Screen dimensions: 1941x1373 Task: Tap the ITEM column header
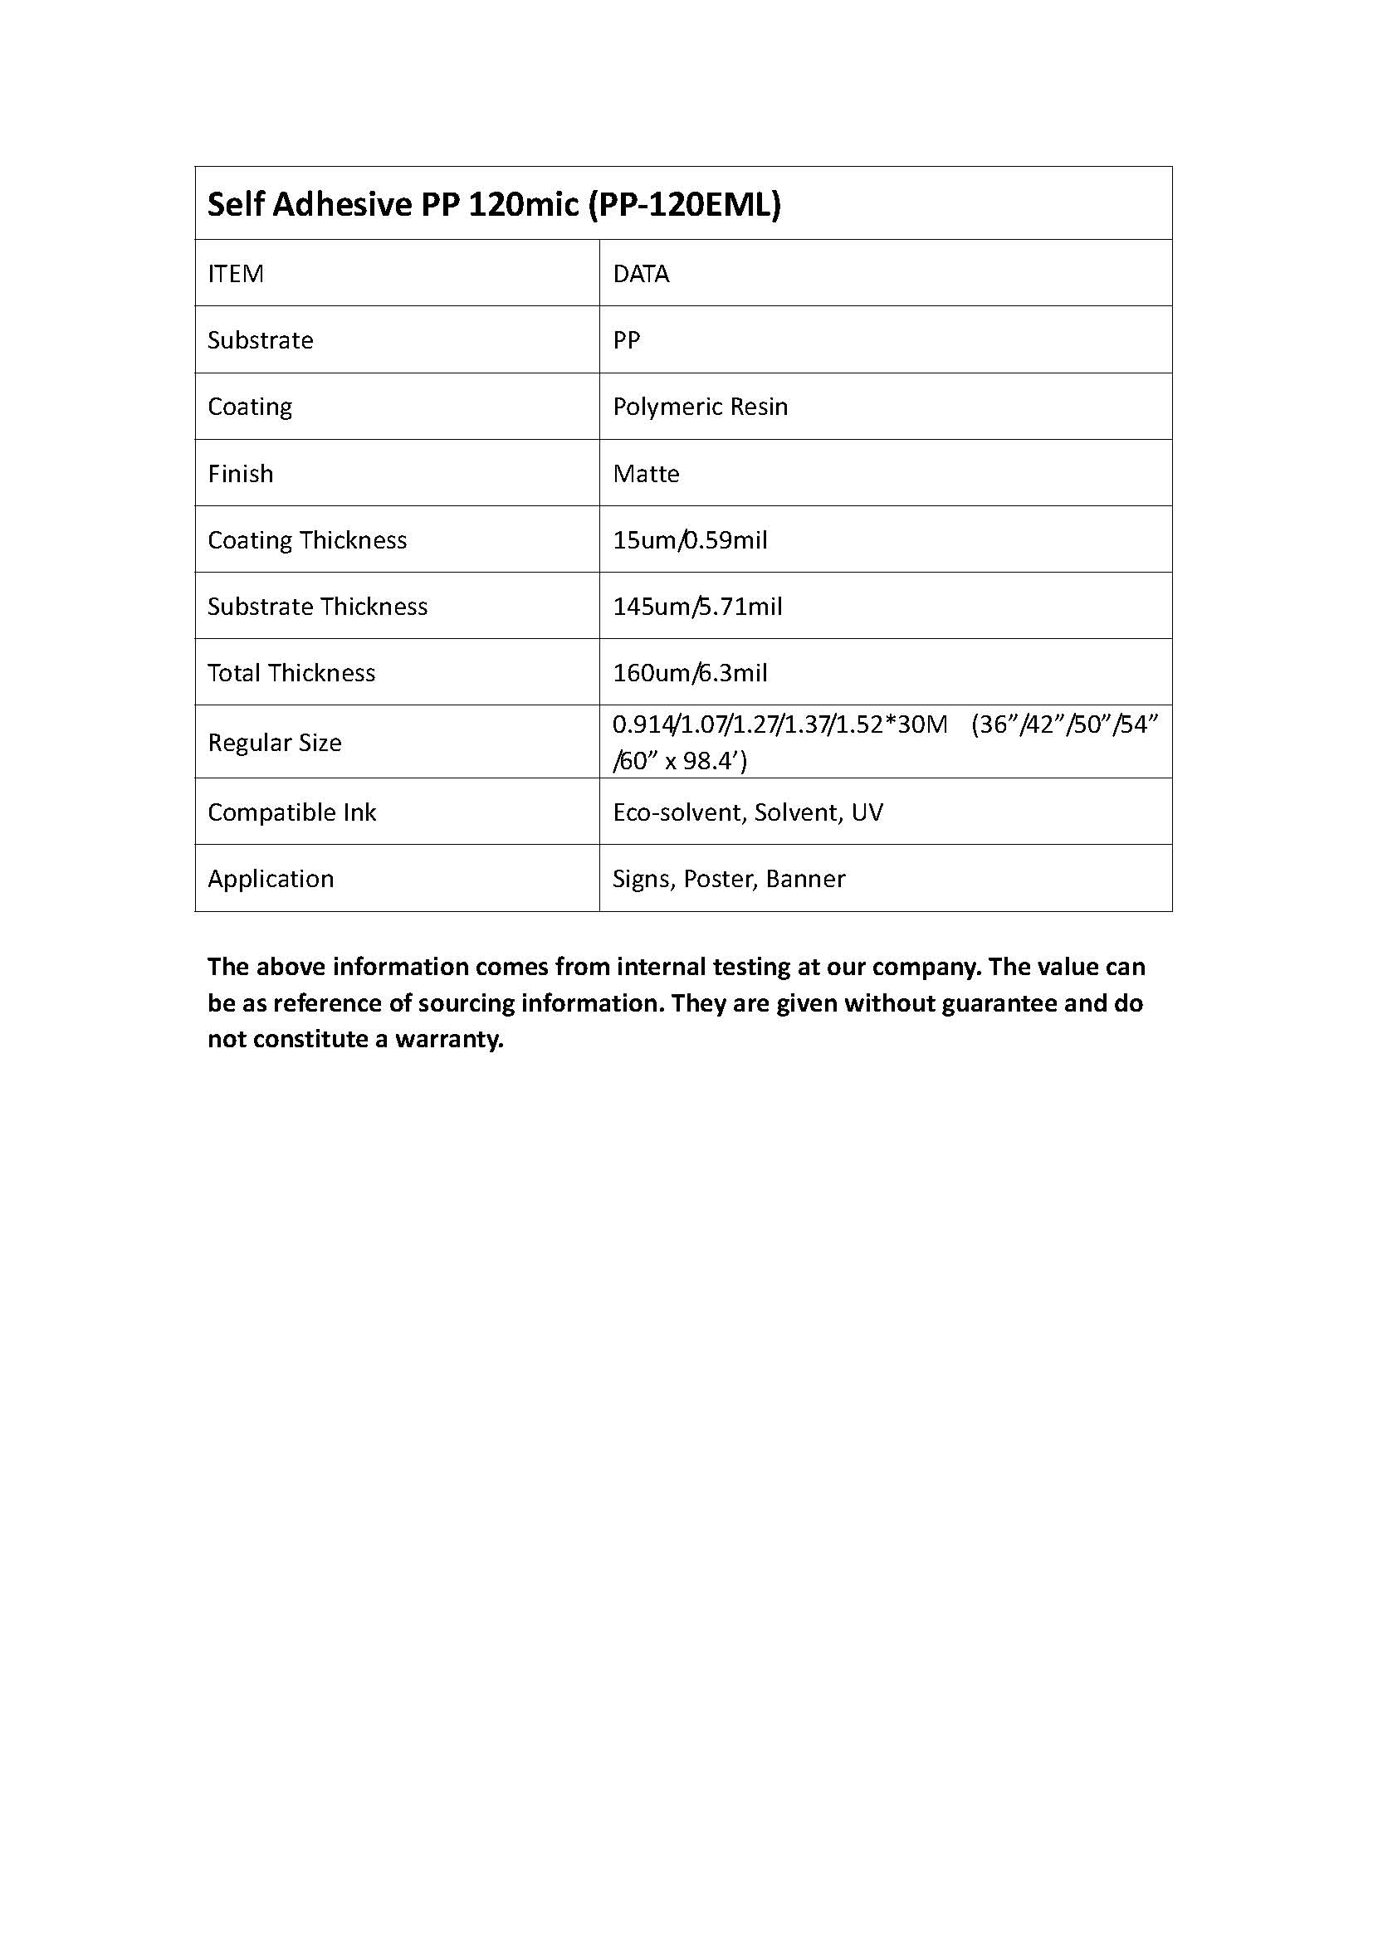coord(236,274)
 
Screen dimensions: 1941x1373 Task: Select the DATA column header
coord(641,274)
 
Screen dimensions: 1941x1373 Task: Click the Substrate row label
coord(261,340)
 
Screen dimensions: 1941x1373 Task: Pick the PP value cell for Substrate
coord(627,340)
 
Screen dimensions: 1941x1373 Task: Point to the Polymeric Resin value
coord(700,407)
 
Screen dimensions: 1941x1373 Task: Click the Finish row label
coord(241,473)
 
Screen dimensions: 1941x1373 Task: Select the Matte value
coord(646,473)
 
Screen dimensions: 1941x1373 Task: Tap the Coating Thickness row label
coord(307,540)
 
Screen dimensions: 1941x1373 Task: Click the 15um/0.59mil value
coord(690,540)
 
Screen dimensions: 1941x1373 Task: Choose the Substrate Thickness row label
coord(318,606)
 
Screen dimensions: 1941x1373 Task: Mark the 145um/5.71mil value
coord(697,606)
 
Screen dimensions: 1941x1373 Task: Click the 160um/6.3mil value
coord(690,673)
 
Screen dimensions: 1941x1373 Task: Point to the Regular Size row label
coord(275,742)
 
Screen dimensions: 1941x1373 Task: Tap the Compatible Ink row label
coord(291,812)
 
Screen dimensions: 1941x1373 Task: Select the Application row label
coord(271,879)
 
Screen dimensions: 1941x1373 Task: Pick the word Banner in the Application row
coord(805,879)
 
